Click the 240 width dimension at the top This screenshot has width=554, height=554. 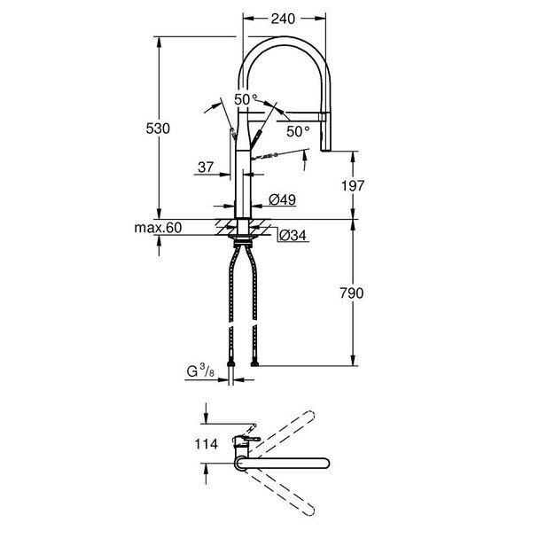(x=285, y=17)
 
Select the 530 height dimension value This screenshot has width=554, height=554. (x=157, y=129)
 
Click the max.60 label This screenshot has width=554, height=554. (x=158, y=229)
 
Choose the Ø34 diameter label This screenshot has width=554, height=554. (x=292, y=236)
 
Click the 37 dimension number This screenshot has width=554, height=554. (x=206, y=167)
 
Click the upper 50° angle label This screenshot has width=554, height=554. (x=246, y=100)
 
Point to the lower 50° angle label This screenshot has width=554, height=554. (x=298, y=131)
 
